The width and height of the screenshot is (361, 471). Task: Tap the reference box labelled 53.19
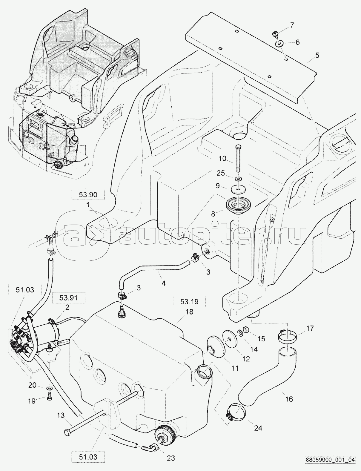point(189,302)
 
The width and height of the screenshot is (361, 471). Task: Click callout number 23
point(171,458)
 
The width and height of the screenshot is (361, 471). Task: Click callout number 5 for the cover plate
point(317,55)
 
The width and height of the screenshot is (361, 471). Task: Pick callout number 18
point(189,312)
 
